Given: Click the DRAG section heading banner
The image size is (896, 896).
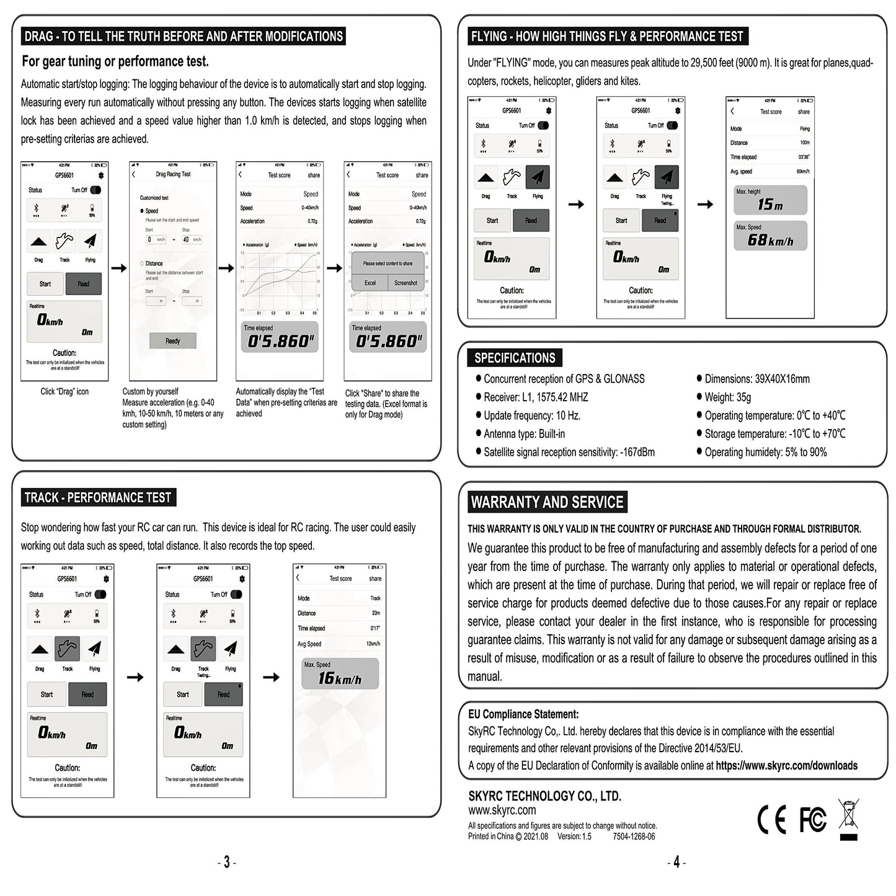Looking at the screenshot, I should (184, 37).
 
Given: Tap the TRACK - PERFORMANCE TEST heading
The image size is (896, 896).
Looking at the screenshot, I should (98, 498).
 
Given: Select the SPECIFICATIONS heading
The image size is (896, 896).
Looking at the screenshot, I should (515, 358).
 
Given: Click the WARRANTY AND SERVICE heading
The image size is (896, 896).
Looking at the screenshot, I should (547, 502).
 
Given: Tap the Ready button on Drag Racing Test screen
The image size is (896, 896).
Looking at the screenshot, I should (173, 341).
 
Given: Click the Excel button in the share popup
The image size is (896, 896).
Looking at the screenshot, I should (370, 283).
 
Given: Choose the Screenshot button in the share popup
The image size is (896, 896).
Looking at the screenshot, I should (406, 283).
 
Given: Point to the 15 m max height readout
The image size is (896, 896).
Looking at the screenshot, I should (770, 204).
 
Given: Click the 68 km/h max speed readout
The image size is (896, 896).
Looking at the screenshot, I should (770, 240).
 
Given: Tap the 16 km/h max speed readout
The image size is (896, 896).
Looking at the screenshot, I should (340, 678).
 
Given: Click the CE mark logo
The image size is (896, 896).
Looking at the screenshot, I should (771, 820).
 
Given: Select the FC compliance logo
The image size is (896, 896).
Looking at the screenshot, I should (812, 820).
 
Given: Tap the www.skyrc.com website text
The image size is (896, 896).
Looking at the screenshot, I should (502, 810).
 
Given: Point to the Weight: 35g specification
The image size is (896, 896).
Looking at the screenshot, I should (727, 397).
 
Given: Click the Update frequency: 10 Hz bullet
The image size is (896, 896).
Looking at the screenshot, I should (532, 415).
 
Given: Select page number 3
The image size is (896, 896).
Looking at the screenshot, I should (226, 863).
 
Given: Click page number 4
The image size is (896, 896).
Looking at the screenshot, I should (676, 863).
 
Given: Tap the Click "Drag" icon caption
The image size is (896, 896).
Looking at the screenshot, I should (64, 392).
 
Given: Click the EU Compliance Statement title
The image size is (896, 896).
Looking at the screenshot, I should (523, 714).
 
